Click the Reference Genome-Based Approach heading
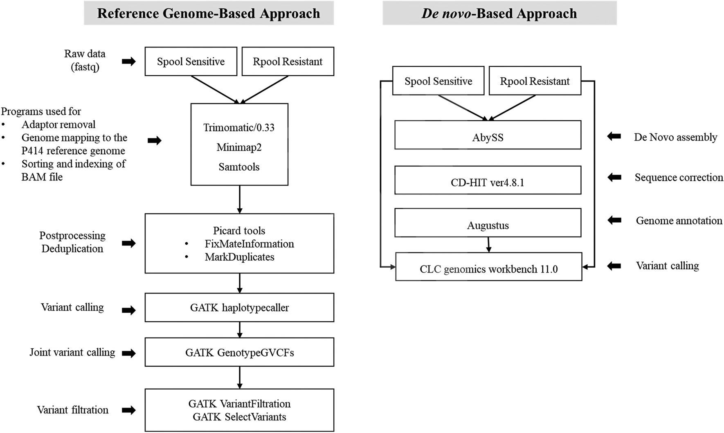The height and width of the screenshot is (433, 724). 209,13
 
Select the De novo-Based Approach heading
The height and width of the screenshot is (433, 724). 499,13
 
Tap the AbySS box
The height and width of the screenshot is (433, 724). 488,135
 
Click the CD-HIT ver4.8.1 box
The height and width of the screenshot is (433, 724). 488,180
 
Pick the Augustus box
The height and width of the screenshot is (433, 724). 488,223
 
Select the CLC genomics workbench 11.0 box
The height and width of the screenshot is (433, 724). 488,267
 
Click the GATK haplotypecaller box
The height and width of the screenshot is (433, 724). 239,307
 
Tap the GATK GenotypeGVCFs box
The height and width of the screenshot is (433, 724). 239,352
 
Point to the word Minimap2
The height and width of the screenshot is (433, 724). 239,147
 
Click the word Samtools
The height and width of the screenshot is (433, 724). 239,167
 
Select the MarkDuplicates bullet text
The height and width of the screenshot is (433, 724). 239,257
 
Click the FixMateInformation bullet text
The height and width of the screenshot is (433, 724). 249,244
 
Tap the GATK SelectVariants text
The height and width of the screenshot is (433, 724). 239,417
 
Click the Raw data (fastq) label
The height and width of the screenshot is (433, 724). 85,60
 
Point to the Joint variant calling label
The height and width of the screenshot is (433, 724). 72,352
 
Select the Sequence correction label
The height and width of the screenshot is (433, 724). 679,178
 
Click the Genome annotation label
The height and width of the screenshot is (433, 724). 679,221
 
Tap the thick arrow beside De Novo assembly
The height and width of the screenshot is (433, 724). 614,136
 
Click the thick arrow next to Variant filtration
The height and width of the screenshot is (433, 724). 129,410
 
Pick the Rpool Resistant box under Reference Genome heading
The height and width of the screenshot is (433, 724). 288,61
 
